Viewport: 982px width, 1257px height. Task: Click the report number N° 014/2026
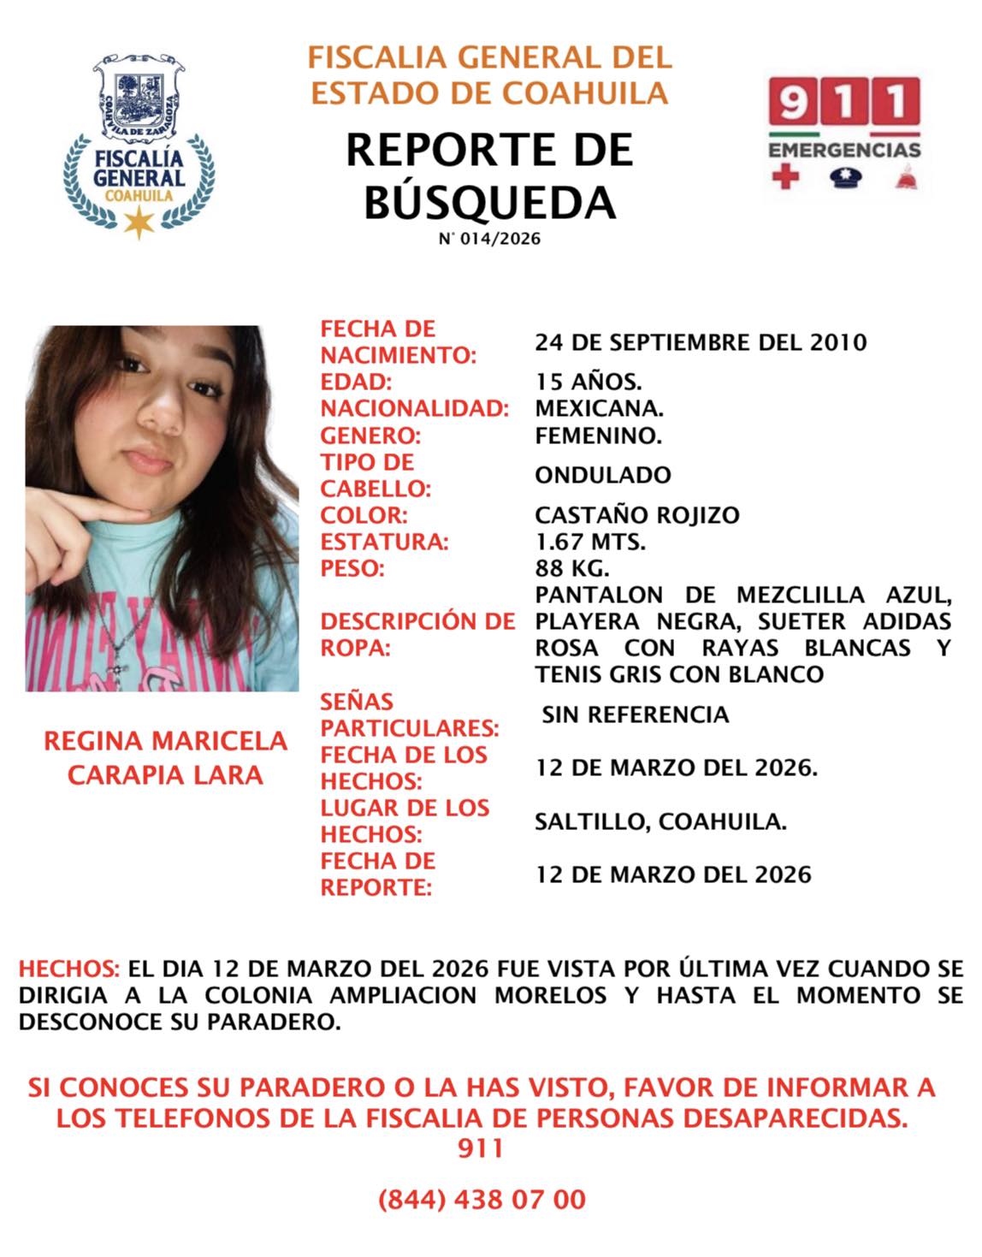click(489, 239)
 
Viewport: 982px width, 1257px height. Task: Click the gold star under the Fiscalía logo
click(138, 222)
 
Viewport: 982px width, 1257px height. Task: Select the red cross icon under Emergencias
click(784, 178)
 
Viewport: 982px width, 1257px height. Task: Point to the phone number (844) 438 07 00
click(482, 1199)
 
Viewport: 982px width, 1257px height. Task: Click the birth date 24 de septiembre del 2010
click(701, 342)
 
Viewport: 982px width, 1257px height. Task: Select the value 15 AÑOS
click(588, 382)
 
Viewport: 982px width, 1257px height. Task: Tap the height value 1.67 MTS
click(589, 542)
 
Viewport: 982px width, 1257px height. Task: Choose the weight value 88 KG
click(571, 568)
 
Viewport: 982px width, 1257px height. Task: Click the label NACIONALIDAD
click(414, 408)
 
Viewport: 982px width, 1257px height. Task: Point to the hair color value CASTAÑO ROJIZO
click(636, 515)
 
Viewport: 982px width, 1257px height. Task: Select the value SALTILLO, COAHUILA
click(660, 821)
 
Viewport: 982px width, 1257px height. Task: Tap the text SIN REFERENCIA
click(635, 714)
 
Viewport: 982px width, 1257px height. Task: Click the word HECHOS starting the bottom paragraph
click(68, 969)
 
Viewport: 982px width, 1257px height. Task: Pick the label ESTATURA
click(384, 542)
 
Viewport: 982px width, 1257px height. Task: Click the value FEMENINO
click(598, 436)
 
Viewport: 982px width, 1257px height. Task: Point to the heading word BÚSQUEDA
click(489, 202)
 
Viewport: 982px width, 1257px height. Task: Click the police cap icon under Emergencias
click(845, 178)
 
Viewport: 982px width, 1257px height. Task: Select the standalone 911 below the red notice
click(480, 1147)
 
